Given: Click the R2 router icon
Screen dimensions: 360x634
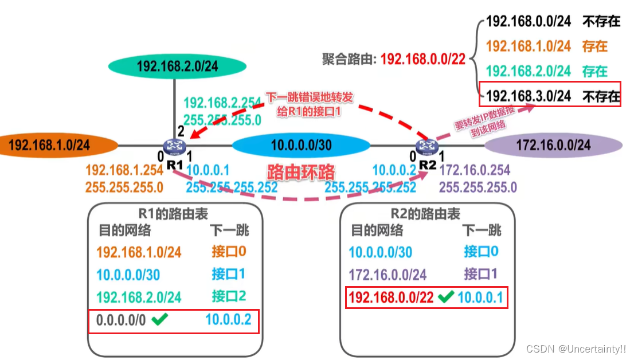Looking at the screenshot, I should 425,147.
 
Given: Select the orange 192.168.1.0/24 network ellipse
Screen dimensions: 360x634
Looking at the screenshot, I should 49,144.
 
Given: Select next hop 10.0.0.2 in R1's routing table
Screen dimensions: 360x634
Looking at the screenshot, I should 229,319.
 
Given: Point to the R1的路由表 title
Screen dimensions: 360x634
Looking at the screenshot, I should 175,214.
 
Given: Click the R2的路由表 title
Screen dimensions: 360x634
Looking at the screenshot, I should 425,214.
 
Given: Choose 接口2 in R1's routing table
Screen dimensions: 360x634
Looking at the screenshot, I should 229,296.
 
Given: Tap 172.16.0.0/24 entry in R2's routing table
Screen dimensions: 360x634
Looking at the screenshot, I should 388,274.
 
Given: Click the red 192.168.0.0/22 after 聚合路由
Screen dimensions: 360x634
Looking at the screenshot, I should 423,59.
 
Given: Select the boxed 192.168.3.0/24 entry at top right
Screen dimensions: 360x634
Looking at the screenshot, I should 528,96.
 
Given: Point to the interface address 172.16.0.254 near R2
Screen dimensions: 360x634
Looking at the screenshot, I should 474,170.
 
